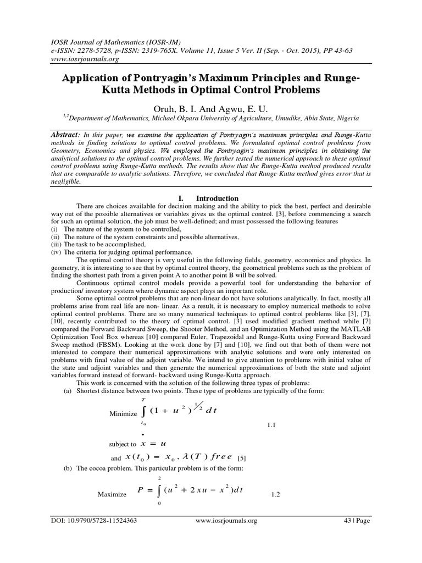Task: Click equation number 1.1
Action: point(271,425)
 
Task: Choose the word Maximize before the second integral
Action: point(112,494)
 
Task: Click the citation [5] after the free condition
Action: point(242,458)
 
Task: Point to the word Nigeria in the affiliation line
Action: point(347,118)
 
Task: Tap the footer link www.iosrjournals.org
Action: point(226,520)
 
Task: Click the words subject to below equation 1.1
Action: point(123,444)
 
